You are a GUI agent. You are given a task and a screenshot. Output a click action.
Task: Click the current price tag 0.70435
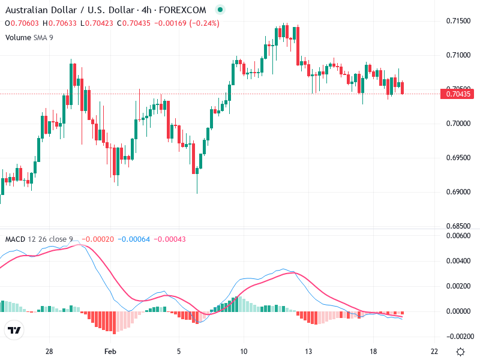pyautogui.click(x=457, y=94)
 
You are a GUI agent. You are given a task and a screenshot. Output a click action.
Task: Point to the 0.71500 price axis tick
pyautogui.click(x=457, y=22)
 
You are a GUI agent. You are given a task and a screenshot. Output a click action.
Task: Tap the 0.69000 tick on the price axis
pyautogui.click(x=457, y=192)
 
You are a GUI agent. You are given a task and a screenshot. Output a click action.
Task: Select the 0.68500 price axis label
pyautogui.click(x=457, y=226)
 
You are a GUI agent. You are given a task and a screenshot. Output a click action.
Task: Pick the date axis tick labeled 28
pyautogui.click(x=49, y=351)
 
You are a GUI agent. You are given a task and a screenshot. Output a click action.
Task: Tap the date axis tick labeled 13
pyautogui.click(x=308, y=351)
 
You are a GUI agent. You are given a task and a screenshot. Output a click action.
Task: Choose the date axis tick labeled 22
pyautogui.click(x=434, y=351)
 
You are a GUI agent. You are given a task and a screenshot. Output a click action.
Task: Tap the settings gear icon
pyautogui.click(x=460, y=352)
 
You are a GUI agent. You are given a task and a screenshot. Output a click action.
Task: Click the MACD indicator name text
pyautogui.click(x=15, y=239)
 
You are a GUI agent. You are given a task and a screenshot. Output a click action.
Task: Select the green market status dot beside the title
pyautogui.click(x=220, y=10)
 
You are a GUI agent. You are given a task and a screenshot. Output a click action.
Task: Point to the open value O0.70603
pyautogui.click(x=22, y=23)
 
